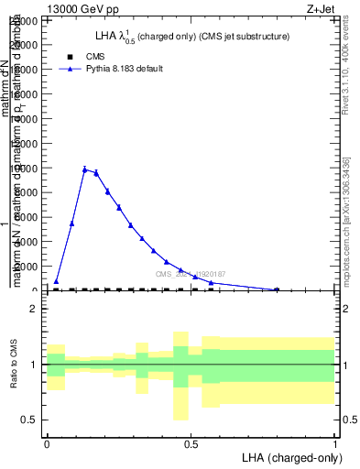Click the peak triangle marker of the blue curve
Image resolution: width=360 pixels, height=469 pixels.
[84, 169]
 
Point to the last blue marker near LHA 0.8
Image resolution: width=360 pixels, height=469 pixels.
[277, 289]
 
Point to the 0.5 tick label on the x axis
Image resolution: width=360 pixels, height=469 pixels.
[191, 443]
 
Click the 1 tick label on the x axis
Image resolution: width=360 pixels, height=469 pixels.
[335, 443]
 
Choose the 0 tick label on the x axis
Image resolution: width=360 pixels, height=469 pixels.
[47, 443]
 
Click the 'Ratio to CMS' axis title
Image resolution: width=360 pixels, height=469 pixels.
[14, 364]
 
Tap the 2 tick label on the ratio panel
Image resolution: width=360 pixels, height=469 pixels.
[34, 309]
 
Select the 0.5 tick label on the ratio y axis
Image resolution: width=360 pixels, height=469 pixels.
[30, 420]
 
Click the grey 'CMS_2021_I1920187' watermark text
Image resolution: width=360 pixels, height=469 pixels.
[190, 274]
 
